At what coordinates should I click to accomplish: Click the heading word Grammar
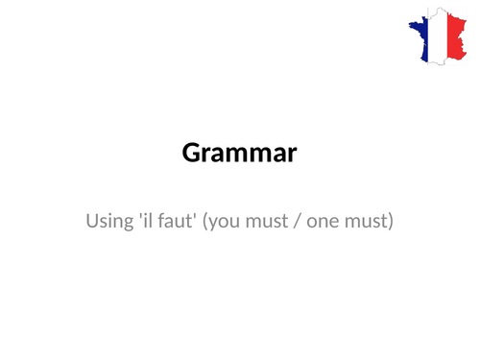239,153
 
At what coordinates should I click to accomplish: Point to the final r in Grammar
292,156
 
